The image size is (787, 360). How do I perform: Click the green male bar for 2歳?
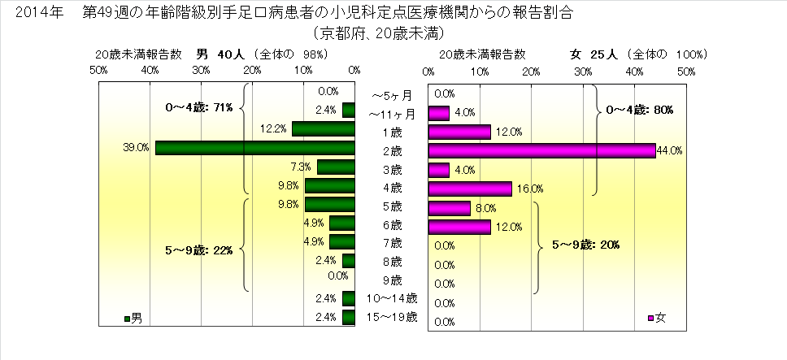pos(254,148)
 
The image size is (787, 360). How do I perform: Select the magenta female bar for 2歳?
pos(541,150)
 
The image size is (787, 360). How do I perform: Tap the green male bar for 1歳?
pos(323,128)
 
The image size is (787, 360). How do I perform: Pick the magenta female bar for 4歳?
pos(469,189)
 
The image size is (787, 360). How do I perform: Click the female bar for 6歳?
pos(459,227)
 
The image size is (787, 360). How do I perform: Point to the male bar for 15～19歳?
pos(349,317)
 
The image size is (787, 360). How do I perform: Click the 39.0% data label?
pos(137,148)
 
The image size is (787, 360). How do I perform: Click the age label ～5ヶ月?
pos(391,94)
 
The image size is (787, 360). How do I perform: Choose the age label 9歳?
pos(391,280)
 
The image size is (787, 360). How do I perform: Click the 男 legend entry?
pos(133,315)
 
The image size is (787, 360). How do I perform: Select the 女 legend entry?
pos(657,315)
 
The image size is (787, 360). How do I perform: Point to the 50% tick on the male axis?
pos(98,72)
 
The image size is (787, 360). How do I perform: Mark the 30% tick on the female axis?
pos(582,72)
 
